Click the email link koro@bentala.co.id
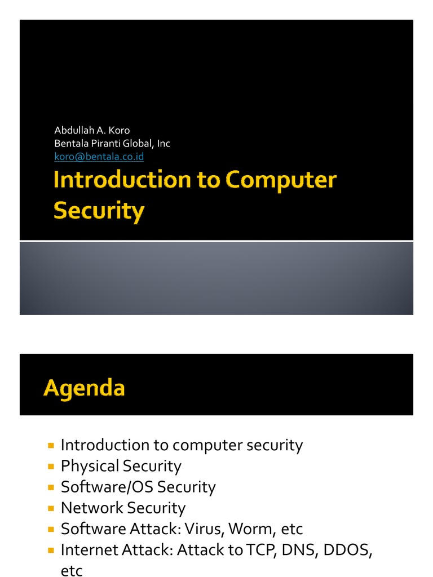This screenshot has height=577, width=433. click(99, 157)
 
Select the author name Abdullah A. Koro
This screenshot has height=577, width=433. click(92, 131)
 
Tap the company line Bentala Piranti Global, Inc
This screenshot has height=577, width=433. click(112, 144)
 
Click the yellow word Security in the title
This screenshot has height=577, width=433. click(99, 211)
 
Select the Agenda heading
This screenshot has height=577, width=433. click(84, 388)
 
